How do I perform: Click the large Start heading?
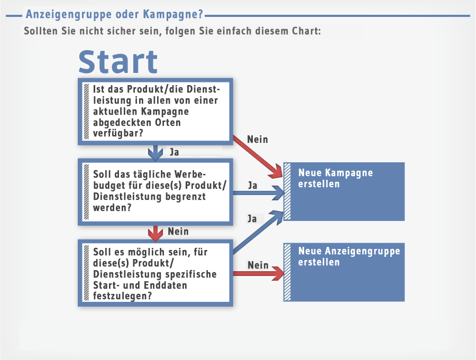point(118,62)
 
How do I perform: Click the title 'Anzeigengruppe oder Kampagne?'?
point(114,14)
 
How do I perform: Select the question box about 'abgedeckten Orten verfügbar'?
point(155,112)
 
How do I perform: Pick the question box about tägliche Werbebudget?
point(155,192)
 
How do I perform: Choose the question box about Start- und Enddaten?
point(155,273)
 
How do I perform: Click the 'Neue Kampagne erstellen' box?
point(344,191)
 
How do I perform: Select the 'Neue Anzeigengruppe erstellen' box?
point(344,272)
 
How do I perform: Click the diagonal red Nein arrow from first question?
point(258,156)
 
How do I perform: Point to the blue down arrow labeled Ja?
point(155,153)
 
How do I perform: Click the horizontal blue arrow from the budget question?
point(259,193)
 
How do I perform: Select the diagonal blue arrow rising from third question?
point(258,232)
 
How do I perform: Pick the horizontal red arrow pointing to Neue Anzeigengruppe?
point(259,273)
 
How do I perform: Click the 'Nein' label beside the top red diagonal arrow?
point(258,140)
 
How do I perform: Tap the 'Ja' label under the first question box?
point(174,152)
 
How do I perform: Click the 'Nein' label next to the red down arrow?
point(178,232)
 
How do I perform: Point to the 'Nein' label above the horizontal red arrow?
point(258,265)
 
